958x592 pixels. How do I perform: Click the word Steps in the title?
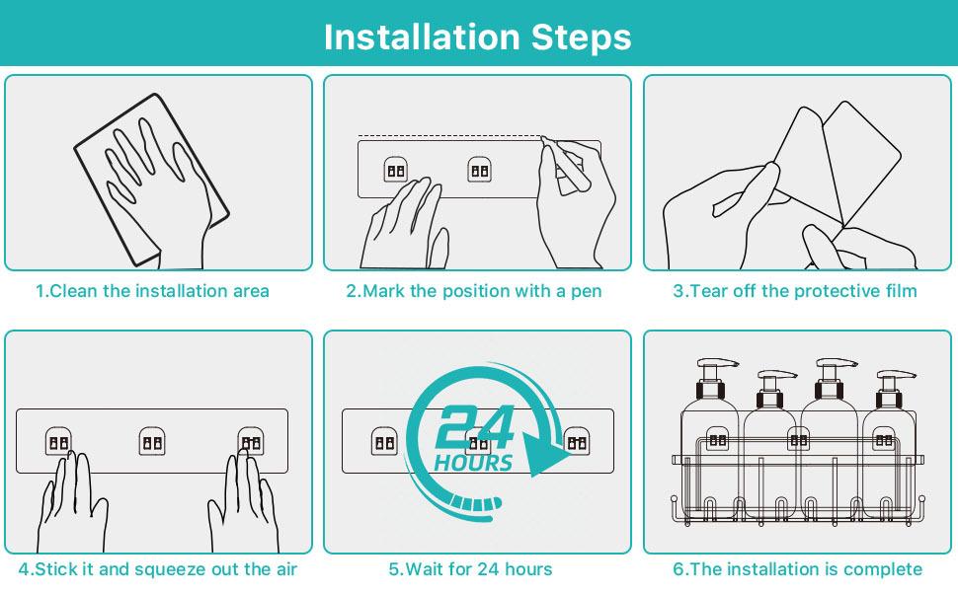[x=581, y=37]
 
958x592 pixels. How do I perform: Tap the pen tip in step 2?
[x=543, y=139]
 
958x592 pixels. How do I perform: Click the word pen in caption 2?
[x=587, y=292]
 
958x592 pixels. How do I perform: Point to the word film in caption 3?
[x=900, y=291]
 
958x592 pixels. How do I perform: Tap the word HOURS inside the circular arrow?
[x=473, y=463]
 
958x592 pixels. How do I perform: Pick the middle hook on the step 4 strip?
[x=151, y=441]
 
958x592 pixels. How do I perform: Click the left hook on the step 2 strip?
[x=396, y=170]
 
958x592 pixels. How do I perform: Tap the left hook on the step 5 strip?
[x=384, y=441]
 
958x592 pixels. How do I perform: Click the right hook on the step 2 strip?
[x=480, y=170]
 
